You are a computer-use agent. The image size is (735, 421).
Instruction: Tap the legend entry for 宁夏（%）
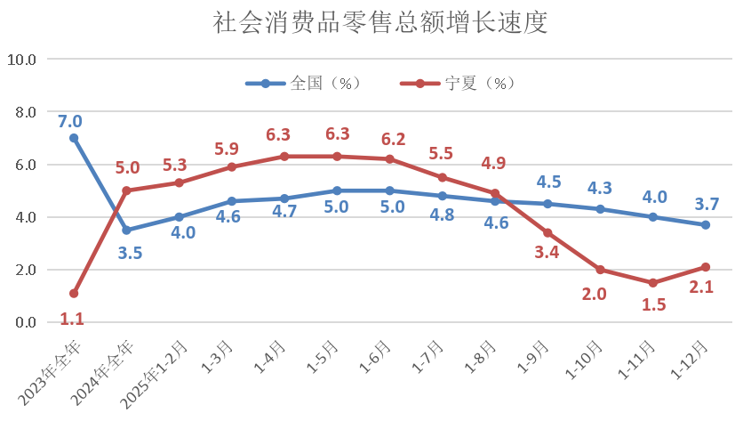coord(457,84)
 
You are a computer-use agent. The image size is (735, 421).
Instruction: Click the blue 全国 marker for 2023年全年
coord(74,138)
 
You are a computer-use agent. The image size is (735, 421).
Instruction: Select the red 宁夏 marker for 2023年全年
coord(74,293)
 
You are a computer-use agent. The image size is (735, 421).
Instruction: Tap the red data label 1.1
coord(73,318)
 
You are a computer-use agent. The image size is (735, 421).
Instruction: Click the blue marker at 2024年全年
coord(126,230)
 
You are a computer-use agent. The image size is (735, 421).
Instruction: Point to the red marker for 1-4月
coord(284,157)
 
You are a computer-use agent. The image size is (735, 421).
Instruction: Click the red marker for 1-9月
coord(547,232)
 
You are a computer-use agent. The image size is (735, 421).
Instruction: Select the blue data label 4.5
coord(548,182)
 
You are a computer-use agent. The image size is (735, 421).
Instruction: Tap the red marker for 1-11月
coord(652,282)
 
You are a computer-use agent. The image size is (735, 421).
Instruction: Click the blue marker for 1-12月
coord(705,224)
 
